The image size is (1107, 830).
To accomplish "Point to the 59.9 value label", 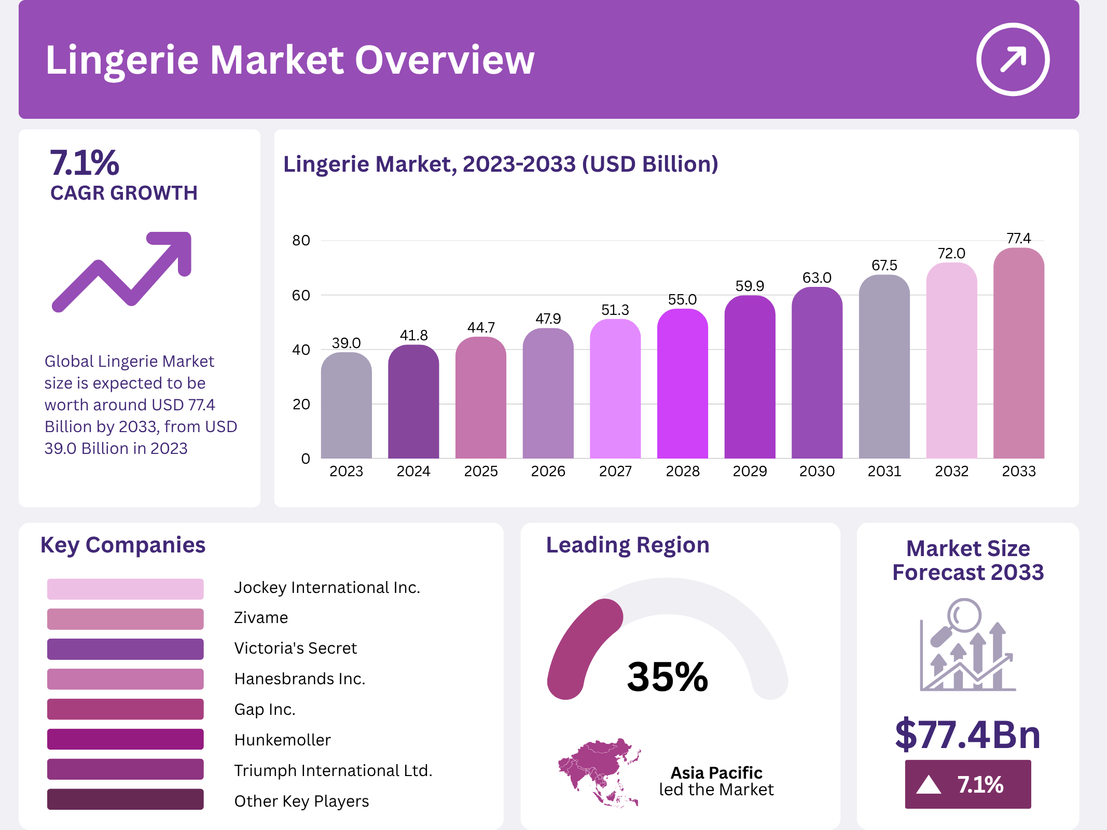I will pos(750,286).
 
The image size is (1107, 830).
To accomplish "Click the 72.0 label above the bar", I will pos(951,253).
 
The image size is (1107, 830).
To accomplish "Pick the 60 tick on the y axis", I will pos(301,295).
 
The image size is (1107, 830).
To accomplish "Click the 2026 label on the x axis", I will pos(548,471).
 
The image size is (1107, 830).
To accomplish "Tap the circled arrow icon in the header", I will pos(1013,59).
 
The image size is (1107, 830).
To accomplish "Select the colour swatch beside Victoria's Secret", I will pos(125,649).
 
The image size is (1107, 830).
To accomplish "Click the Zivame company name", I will pos(260,618).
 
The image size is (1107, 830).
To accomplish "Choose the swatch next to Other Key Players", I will pos(125,799).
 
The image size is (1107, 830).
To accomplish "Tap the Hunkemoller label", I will pos(282,740).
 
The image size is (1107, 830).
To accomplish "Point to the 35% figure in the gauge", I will pos(667,676).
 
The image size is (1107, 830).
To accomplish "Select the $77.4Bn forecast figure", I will pos(967,735).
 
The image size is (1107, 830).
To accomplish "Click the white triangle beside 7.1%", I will pos(928,784).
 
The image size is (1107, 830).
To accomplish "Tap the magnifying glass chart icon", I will pos(967,645).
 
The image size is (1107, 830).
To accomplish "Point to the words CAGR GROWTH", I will pos(124,193).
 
